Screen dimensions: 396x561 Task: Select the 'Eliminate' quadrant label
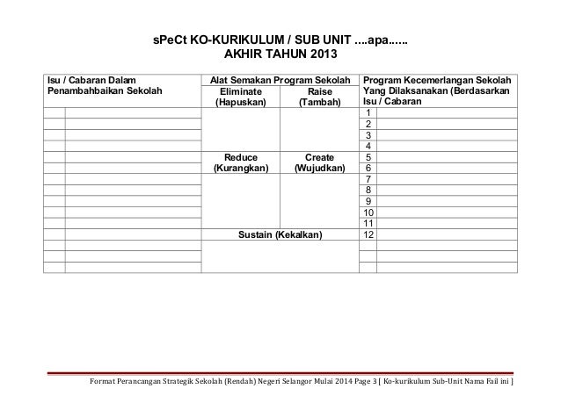[x=240, y=90]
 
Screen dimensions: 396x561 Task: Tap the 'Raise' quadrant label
[x=319, y=90]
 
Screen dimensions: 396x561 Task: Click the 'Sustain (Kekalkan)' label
[x=280, y=235]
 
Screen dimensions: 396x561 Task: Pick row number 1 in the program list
[x=368, y=113]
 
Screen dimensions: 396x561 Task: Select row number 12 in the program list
[x=368, y=235]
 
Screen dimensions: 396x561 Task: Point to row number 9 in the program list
[x=368, y=201]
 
